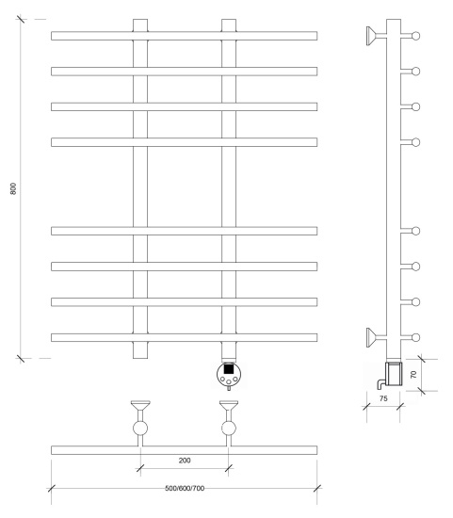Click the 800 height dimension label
click(13, 188)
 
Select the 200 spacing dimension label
click(185, 461)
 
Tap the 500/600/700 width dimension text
click(185, 488)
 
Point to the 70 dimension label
click(413, 374)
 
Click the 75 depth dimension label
click(383, 398)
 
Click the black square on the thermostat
click(228, 368)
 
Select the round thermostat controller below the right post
click(229, 375)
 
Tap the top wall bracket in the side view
click(372, 36)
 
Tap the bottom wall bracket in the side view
click(372, 337)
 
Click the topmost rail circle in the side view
click(416, 36)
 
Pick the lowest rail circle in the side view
click(416, 337)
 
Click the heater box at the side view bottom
click(395, 374)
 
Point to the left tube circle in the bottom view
click(140, 429)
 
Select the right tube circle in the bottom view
click(229, 429)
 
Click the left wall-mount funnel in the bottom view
click(140, 405)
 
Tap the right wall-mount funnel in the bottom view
click(229, 405)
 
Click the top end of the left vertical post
click(140, 19)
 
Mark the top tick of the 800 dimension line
click(21, 19)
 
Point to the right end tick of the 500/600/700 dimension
click(317, 488)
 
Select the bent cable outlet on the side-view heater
click(381, 383)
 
